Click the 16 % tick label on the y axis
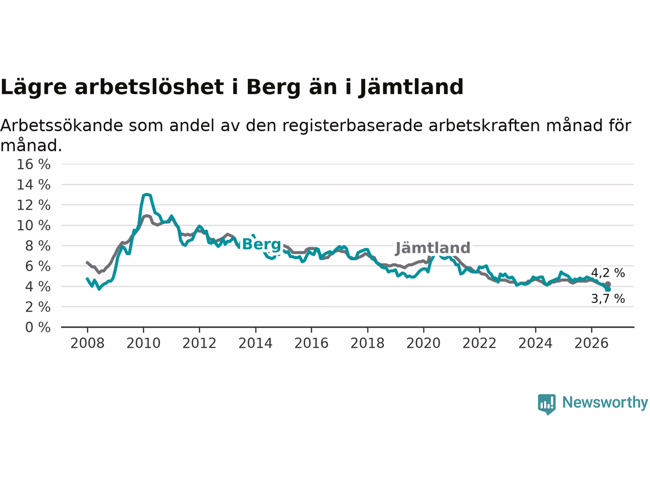point(34,164)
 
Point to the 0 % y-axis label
point(38,327)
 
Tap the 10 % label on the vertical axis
point(34,226)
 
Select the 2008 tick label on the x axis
point(87,343)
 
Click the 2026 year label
point(592,343)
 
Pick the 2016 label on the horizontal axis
point(311,343)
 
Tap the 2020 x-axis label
point(424,343)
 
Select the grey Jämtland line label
point(433,248)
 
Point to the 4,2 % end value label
point(608,273)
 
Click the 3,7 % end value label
point(608,299)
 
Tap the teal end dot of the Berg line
point(608,289)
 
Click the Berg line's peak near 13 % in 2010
point(147,194)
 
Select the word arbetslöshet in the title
point(149,87)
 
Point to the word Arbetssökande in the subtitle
point(61,126)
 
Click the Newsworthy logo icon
point(546,404)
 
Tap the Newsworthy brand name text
point(605,403)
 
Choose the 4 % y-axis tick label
point(38,287)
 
